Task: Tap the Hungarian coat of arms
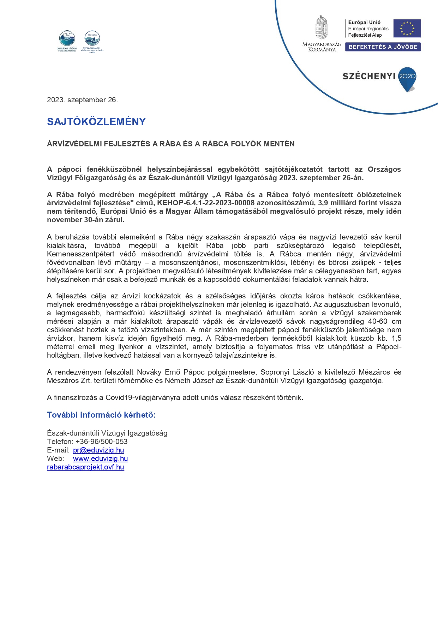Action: point(321,28)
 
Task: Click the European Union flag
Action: point(407,28)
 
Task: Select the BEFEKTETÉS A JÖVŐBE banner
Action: point(383,47)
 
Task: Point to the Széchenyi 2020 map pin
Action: point(407,78)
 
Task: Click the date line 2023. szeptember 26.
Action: point(82,100)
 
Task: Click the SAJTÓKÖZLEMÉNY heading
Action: point(96,122)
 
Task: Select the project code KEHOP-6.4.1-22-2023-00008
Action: point(206,203)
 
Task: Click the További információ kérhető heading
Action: point(101,415)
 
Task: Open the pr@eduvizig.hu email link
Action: point(98,450)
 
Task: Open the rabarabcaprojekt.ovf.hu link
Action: point(85,467)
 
